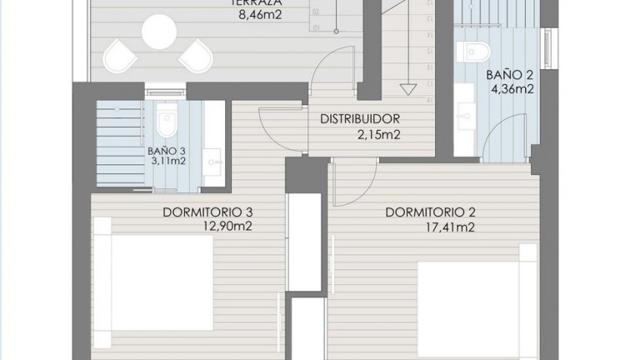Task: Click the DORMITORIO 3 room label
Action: click(x=207, y=212)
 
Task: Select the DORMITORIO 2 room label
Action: click(x=430, y=212)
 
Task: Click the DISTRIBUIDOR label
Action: click(x=361, y=118)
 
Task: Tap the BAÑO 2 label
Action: click(x=508, y=74)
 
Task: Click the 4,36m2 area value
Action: click(x=510, y=89)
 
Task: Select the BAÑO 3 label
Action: click(x=167, y=152)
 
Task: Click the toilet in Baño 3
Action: click(x=167, y=122)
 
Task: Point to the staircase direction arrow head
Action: click(x=407, y=88)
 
